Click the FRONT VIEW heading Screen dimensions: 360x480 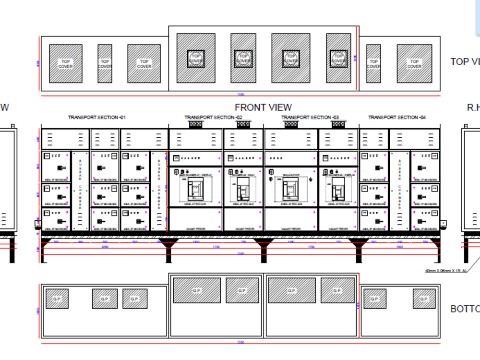pyautogui.click(x=263, y=108)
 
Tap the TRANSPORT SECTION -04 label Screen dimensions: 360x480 pyautogui.click(x=396, y=118)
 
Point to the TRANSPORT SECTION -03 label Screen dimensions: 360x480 pyautogui.click(x=310, y=118)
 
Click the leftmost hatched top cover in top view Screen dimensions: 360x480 pyautogui.click(x=66, y=64)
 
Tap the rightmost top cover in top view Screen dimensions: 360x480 pyautogui.click(x=414, y=64)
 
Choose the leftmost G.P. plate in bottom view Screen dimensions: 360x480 pyautogui.click(x=57, y=299)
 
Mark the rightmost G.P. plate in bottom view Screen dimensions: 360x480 pyautogui.click(x=424, y=299)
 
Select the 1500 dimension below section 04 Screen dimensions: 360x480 pyautogui.click(x=399, y=247)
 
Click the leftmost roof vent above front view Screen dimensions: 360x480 pyautogui.click(x=195, y=124)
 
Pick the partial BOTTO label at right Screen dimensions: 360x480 pyautogui.click(x=465, y=309)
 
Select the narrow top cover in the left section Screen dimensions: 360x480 pyautogui.click(x=105, y=64)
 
